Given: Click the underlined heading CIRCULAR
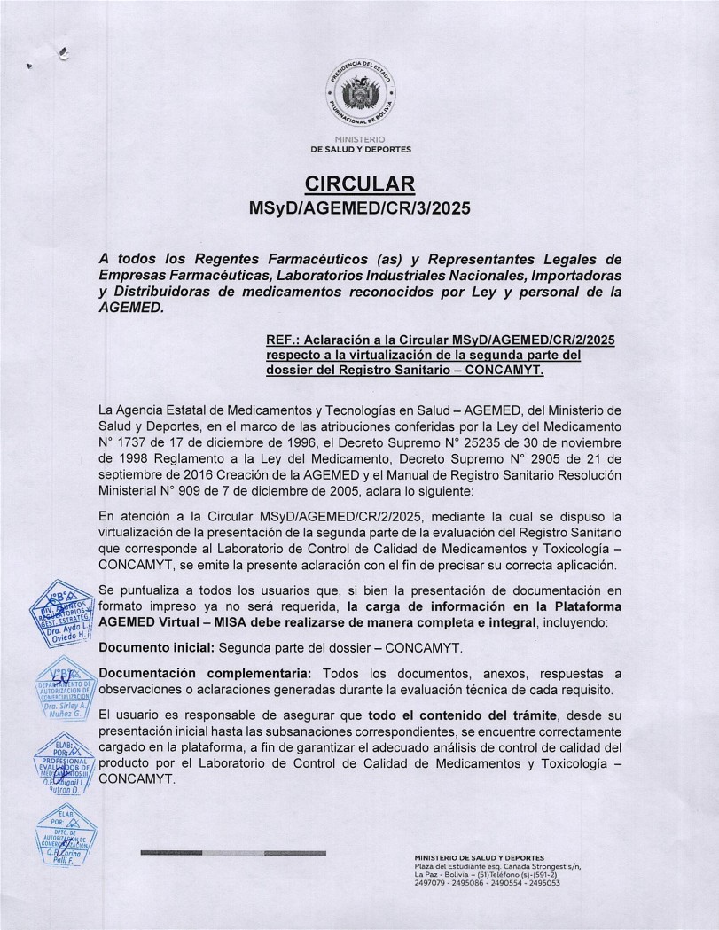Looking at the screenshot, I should coord(359,184).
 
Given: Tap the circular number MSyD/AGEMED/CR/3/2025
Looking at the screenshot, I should coord(359,210).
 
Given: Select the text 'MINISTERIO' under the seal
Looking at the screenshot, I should coord(360,140).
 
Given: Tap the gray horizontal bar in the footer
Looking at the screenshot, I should coord(233,853).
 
